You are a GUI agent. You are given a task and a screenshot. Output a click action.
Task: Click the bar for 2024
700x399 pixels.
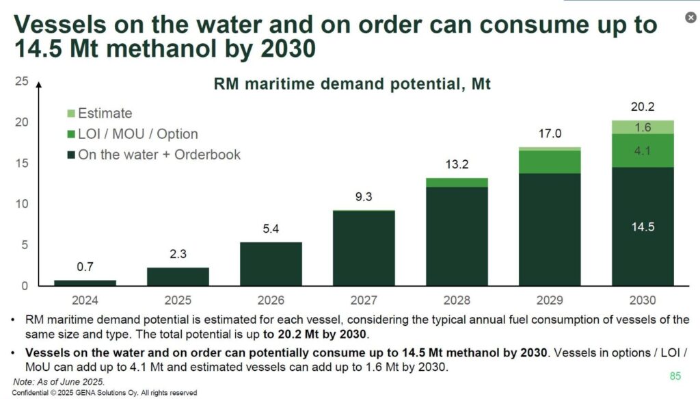tap(85, 283)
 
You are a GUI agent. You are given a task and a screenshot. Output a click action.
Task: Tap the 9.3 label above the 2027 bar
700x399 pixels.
tap(364, 196)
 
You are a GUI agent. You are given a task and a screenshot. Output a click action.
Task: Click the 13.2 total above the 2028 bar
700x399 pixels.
tap(457, 164)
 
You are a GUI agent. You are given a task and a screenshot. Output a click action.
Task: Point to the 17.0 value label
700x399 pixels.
tap(550, 133)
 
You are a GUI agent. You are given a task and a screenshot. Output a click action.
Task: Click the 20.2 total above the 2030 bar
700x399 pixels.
tap(643, 106)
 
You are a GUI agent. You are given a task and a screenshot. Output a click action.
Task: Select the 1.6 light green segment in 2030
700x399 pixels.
tap(643, 127)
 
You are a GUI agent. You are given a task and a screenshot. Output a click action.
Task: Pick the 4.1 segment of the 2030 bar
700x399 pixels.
tap(643, 151)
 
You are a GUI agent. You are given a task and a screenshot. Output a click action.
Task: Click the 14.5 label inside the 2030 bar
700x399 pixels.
tap(643, 227)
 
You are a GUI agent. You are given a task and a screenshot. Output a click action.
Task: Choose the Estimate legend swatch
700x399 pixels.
tap(71, 114)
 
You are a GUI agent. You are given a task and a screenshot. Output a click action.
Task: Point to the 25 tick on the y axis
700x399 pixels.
tap(21, 82)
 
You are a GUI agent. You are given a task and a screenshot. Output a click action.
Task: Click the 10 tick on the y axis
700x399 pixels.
tap(21, 204)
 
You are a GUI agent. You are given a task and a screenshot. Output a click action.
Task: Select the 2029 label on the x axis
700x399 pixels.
tap(550, 300)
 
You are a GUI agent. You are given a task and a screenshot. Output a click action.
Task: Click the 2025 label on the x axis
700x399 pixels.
tap(178, 300)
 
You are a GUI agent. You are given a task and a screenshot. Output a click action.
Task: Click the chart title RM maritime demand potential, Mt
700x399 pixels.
tap(353, 86)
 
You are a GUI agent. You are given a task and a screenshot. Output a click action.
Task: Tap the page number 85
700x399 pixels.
tap(675, 376)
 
